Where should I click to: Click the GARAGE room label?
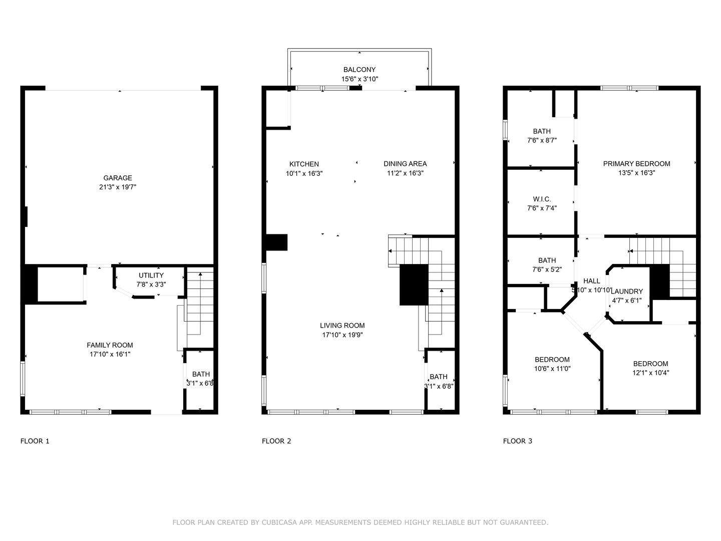click(118, 178)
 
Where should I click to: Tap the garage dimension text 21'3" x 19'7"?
click(118, 187)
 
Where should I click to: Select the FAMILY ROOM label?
click(110, 345)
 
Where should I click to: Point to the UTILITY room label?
click(151, 276)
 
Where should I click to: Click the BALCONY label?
click(359, 70)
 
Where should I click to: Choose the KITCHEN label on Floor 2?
click(304, 164)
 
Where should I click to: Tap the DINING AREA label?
click(405, 164)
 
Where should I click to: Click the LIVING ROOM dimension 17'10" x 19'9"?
click(342, 335)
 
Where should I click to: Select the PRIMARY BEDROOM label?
click(636, 164)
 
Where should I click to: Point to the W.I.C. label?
click(542, 199)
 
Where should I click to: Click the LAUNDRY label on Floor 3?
click(627, 292)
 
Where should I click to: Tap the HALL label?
click(592, 281)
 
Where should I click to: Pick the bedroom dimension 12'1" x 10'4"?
click(650, 373)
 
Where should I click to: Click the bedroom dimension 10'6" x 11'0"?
click(552, 369)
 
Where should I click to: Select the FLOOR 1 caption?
click(35, 441)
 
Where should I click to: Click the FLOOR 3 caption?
click(517, 441)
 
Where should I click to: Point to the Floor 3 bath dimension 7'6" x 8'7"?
click(542, 141)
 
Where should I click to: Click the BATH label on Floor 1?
click(201, 375)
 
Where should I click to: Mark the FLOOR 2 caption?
click(276, 441)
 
